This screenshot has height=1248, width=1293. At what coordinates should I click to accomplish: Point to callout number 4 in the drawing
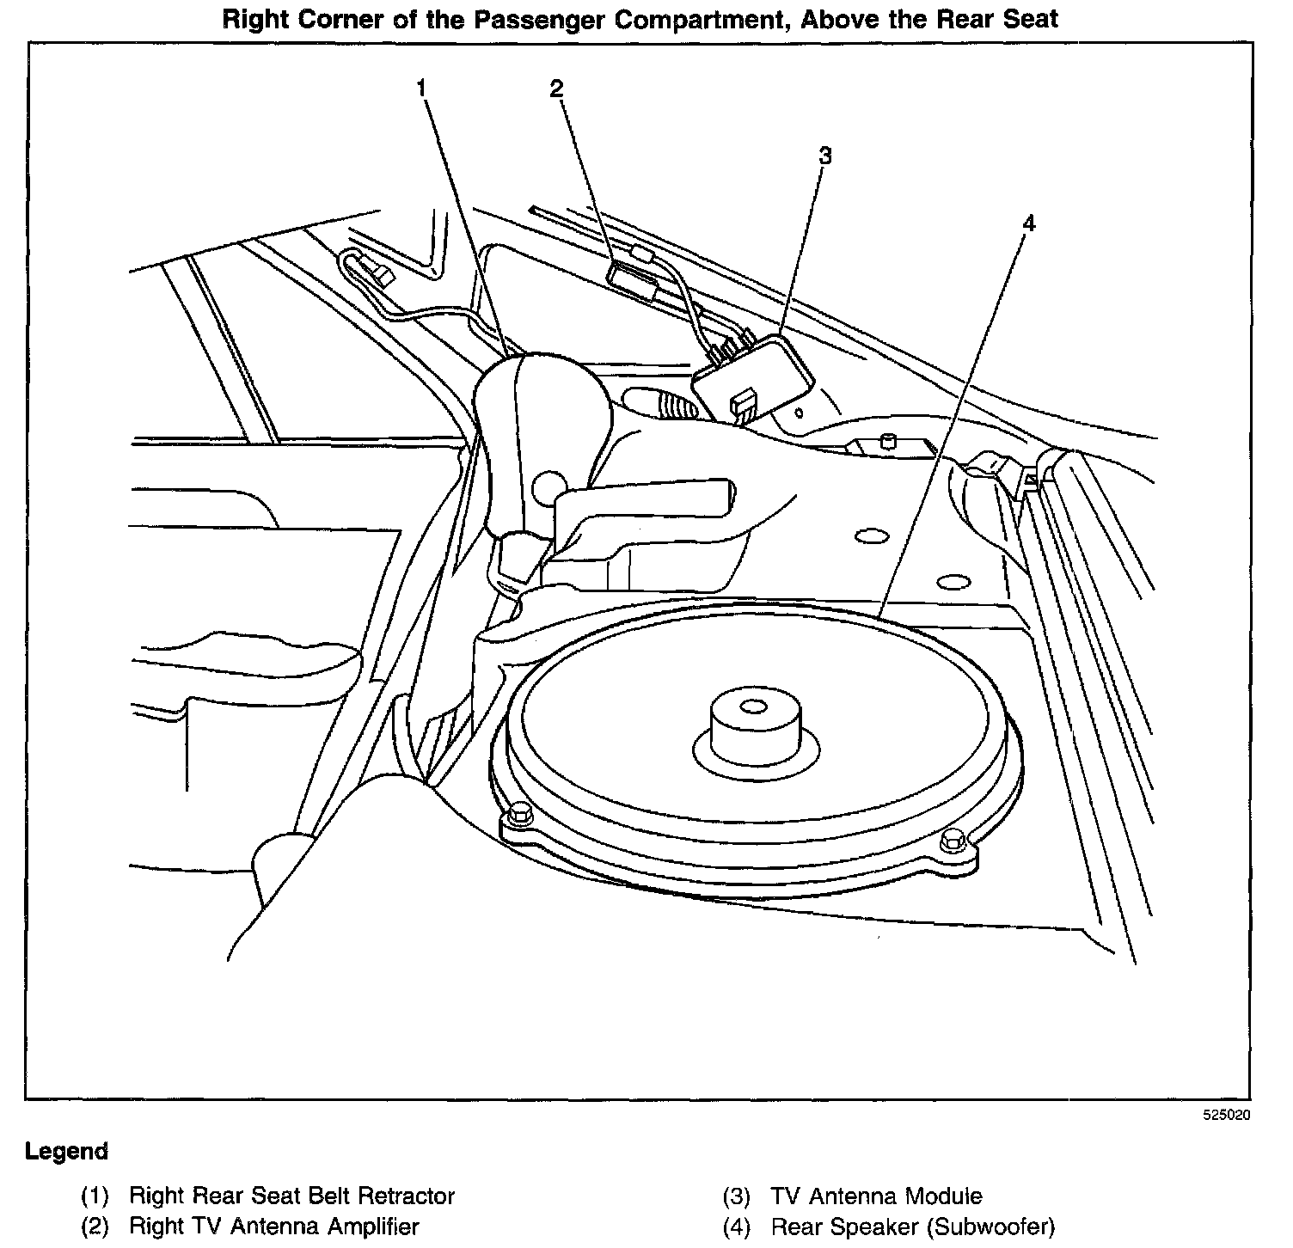1028,224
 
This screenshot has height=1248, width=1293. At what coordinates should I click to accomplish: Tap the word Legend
67,1151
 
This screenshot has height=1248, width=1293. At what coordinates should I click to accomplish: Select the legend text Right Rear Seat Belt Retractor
291,1196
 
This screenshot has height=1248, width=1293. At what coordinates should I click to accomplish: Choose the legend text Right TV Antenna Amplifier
273,1227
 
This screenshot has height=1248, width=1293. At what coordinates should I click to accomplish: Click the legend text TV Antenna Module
876,1196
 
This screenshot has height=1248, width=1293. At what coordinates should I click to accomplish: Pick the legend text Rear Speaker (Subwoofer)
912,1227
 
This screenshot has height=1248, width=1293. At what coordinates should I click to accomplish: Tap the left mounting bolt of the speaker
518,813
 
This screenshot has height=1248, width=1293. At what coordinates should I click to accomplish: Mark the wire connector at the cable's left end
377,272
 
